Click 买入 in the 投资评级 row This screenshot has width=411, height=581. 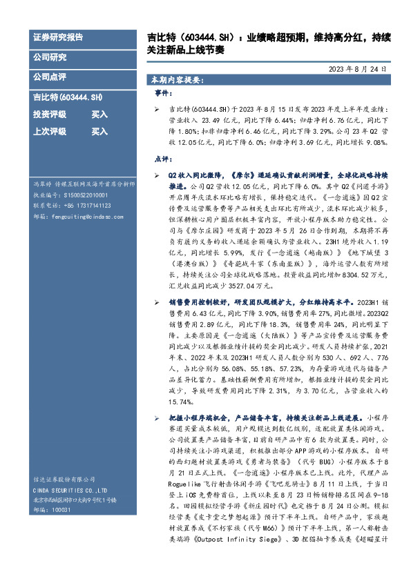point(99,115)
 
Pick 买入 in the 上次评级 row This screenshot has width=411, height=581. point(99,131)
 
